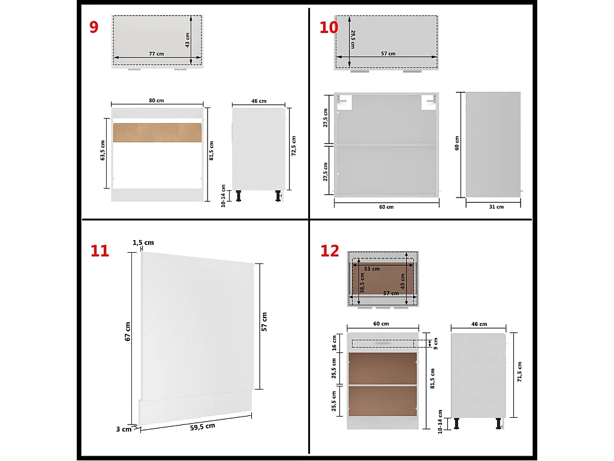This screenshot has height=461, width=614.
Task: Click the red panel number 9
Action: pos(94,28)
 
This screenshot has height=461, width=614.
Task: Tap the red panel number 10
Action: pos(329,28)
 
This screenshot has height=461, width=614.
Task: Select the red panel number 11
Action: pos(100,250)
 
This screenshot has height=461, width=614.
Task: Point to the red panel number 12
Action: pos(330,251)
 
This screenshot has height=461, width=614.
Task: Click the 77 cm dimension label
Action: pos(156,54)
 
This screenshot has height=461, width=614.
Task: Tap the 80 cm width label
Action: pos(156,100)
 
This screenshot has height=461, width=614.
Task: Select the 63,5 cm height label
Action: pos(103,151)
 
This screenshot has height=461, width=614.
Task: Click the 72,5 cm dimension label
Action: pos(294,146)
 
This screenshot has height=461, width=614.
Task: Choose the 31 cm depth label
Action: pos(496,206)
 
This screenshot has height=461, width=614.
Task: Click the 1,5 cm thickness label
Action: pos(143,243)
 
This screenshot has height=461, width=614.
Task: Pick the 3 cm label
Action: pos(124,429)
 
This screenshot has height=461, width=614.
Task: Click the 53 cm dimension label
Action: pos(372,268)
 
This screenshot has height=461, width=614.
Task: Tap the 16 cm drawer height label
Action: pos(335,343)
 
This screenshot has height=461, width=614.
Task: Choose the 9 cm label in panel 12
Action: pos(436,343)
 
